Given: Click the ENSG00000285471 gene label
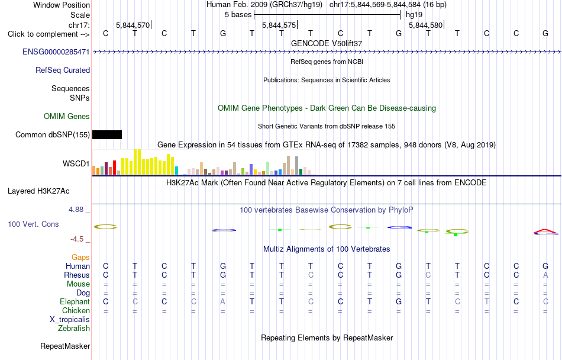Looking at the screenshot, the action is (56, 52).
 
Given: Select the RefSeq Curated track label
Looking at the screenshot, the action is (63, 70).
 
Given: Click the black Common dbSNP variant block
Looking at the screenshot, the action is (107, 134).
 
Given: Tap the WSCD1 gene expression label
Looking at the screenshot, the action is (76, 163).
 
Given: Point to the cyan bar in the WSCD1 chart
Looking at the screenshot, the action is (176, 171).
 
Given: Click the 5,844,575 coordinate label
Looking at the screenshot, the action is (279, 25).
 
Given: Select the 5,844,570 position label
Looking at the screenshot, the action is (133, 25).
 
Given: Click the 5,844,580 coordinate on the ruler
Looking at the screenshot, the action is (425, 25).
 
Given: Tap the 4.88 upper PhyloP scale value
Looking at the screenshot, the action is (76, 210).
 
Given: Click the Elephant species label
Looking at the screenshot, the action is (75, 301).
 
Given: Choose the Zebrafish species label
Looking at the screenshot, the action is (74, 328).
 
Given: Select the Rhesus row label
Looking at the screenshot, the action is (77, 275).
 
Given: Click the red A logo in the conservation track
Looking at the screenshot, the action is (545, 231).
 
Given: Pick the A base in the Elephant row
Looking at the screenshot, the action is (222, 301).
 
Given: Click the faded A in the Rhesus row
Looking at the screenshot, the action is (545, 275).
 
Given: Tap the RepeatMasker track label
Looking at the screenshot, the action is (65, 346).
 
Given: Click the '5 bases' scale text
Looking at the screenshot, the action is (238, 15).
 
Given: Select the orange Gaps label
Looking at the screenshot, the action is (80, 257).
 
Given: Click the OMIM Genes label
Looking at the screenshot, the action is (67, 116).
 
